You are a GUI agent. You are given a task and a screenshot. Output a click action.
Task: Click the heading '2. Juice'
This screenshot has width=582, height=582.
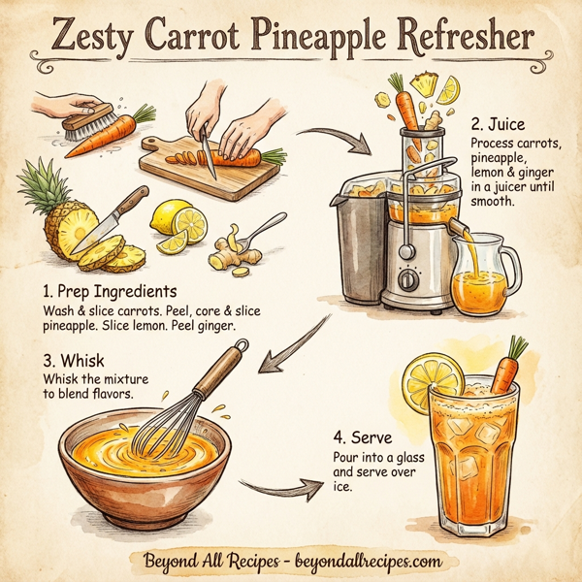click(500, 125)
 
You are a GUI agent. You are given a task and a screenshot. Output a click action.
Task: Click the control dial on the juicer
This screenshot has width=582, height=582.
click(410, 278)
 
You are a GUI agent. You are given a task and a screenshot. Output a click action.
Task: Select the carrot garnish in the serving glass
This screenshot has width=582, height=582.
click(503, 371)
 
